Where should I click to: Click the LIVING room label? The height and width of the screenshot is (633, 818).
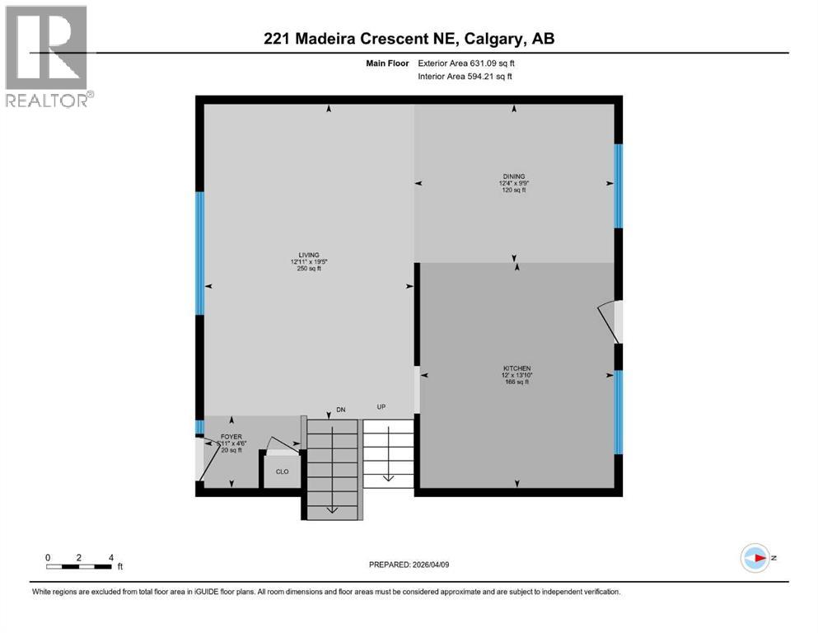pos(309,255)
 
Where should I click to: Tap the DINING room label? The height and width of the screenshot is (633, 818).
pos(514,176)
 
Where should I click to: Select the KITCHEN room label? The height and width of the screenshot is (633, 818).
pos(517,368)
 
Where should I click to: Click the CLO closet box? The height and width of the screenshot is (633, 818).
pos(281,472)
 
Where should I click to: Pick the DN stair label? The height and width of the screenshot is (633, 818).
pos(341,409)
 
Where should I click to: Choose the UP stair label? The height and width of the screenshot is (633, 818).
pos(381,407)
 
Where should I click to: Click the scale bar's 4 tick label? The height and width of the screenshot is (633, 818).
pos(110,556)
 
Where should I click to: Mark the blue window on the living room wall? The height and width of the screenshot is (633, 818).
pos(199,253)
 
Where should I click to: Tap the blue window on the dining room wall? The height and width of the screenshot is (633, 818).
pos(618,185)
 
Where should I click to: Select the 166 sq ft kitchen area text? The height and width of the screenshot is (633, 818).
pos(517,382)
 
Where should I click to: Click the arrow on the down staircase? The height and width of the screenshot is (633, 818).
pos(331,509)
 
